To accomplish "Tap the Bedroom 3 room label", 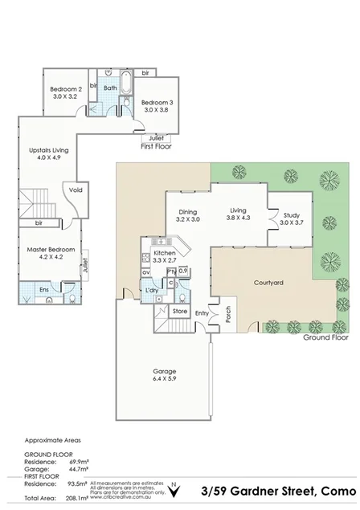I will coord(157,102).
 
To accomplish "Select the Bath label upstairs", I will coord(111,88).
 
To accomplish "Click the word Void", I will coord(76,190).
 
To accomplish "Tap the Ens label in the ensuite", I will coord(32,286).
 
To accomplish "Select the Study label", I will coord(291,214).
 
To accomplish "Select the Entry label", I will coord(202,312).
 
